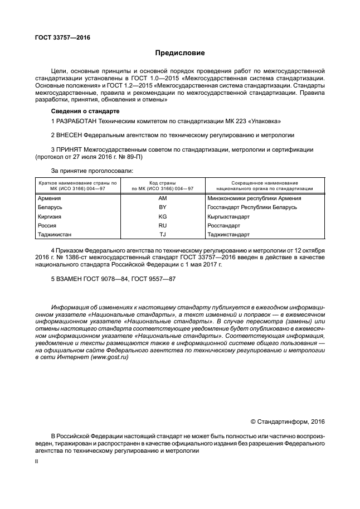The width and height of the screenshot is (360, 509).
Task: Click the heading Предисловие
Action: click(179, 54)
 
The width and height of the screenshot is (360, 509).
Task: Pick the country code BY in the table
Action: click(163, 207)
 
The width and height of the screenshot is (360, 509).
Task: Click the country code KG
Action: click(163, 216)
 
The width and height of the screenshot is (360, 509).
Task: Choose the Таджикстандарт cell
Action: click(229, 234)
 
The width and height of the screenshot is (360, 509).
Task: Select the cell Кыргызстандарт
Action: click(228, 216)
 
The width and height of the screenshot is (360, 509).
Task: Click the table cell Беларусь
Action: click(50, 207)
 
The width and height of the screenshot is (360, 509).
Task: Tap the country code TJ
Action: click(163, 234)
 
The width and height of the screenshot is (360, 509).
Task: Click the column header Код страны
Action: click(163, 183)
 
